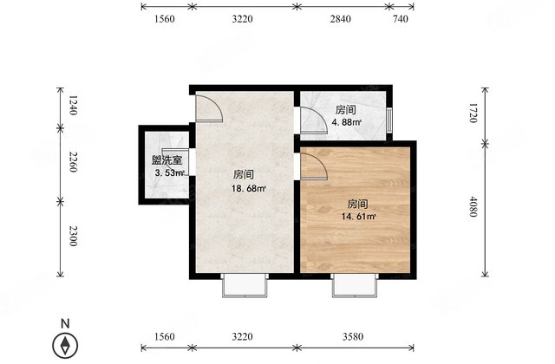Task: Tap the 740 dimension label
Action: (400, 18)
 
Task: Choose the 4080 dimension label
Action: (473, 208)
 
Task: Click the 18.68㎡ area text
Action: (247, 187)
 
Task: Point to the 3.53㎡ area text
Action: (166, 173)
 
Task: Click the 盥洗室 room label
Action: (166, 160)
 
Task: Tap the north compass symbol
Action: (65, 344)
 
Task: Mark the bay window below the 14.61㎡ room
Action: (354, 286)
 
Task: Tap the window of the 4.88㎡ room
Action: (389, 121)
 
